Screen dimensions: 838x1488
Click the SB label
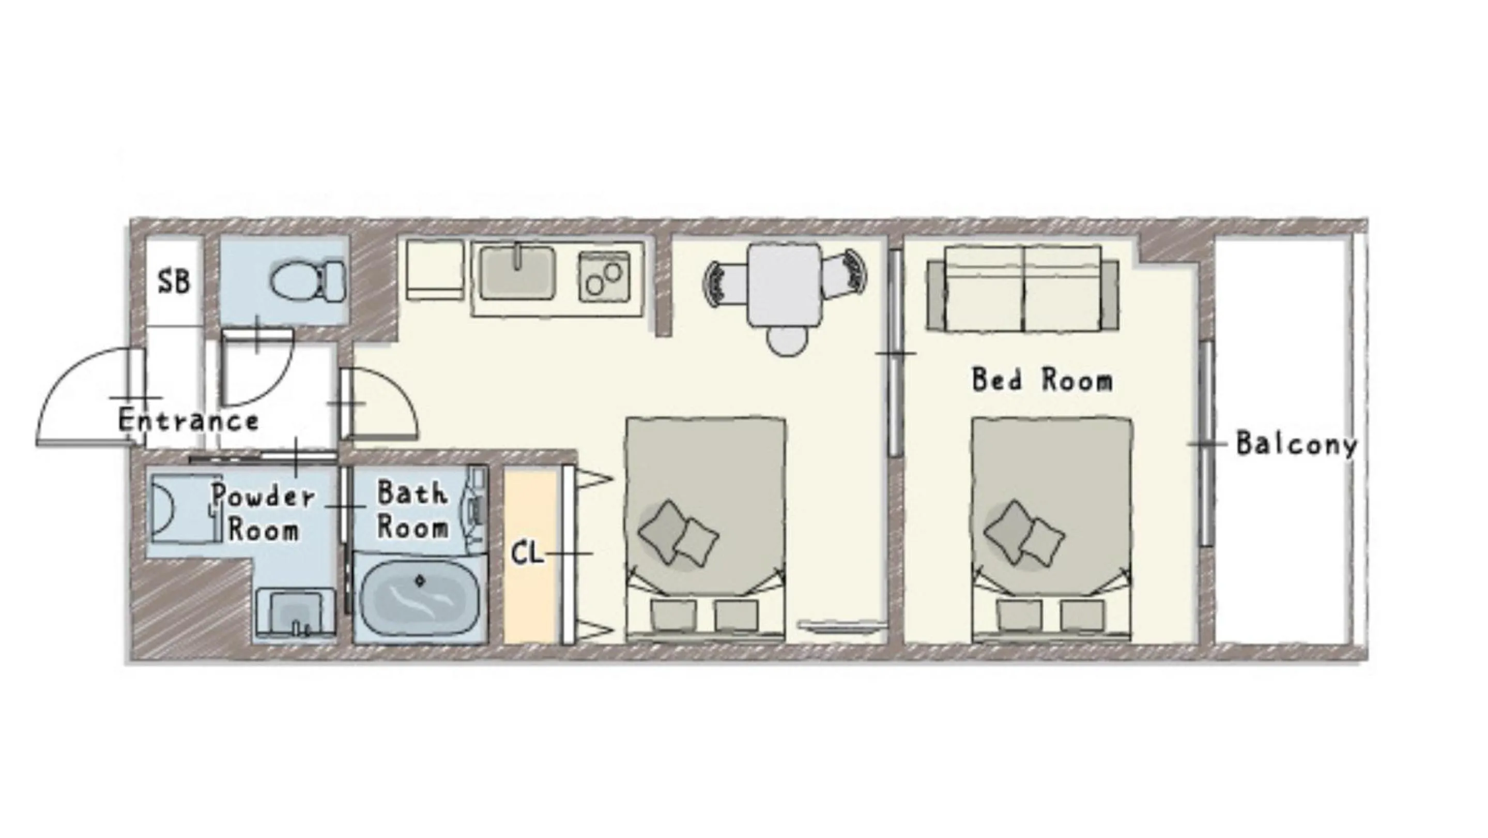tap(173, 281)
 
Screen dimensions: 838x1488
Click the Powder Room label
tap(264, 512)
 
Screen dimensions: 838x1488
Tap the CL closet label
tap(527, 553)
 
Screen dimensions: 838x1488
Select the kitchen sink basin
tap(516, 272)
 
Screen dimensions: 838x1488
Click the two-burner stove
tap(604, 276)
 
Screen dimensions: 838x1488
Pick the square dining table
tap(785, 285)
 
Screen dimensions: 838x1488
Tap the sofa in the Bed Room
tap(1022, 289)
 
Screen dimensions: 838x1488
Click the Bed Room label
tap(1042, 380)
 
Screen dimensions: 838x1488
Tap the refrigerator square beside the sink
tap(435, 270)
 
